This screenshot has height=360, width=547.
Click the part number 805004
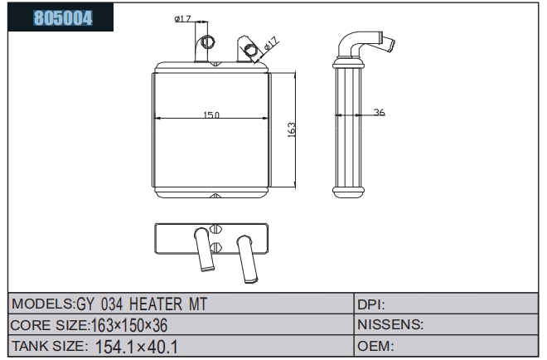click(x=63, y=17)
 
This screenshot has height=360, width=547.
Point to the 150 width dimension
click(x=211, y=114)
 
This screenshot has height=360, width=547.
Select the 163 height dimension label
click(x=291, y=129)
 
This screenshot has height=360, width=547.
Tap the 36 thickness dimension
click(x=379, y=112)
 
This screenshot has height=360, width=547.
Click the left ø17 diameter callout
click(x=182, y=18)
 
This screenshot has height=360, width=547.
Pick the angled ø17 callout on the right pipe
click(x=271, y=44)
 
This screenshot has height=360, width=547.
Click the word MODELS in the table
click(x=42, y=304)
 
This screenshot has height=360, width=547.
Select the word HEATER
click(x=156, y=304)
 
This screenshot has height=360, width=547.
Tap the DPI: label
click(x=370, y=304)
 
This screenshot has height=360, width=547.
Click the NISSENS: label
click(x=390, y=324)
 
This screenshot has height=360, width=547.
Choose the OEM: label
click(x=375, y=346)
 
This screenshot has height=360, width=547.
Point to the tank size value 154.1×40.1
click(x=137, y=347)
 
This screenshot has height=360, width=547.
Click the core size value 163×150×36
click(x=129, y=325)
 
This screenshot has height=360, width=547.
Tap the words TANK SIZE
click(x=50, y=346)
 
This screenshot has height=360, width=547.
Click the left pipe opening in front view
click(x=207, y=42)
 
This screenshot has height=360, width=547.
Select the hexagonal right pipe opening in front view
click(x=250, y=50)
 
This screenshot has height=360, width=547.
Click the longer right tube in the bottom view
click(x=247, y=259)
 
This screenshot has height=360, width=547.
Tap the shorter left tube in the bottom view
click(x=204, y=249)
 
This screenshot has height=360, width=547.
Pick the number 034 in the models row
click(x=112, y=304)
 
